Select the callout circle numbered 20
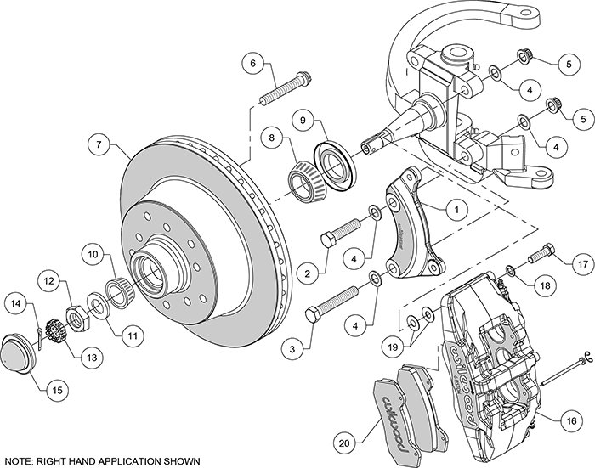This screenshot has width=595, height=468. [x=343, y=443]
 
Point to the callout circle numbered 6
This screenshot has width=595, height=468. [x=252, y=63]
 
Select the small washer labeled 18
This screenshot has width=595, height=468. [x=510, y=271]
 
